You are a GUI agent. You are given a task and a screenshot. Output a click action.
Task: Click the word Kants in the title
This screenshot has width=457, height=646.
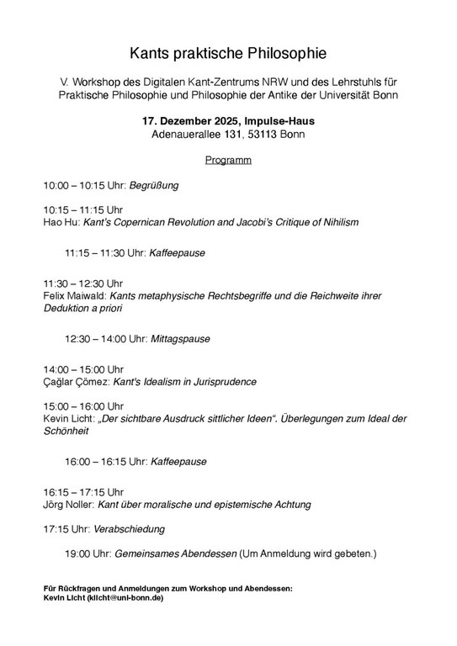[x=148, y=54]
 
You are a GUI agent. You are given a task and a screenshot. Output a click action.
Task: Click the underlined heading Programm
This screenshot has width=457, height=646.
[x=228, y=159]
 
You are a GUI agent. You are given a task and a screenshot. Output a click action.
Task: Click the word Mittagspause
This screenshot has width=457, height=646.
[x=180, y=339]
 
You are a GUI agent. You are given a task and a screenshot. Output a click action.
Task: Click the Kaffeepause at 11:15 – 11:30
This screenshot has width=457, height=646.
[x=178, y=252]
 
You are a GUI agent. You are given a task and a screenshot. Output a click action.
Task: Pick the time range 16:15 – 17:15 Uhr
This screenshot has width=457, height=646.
[x=83, y=492]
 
